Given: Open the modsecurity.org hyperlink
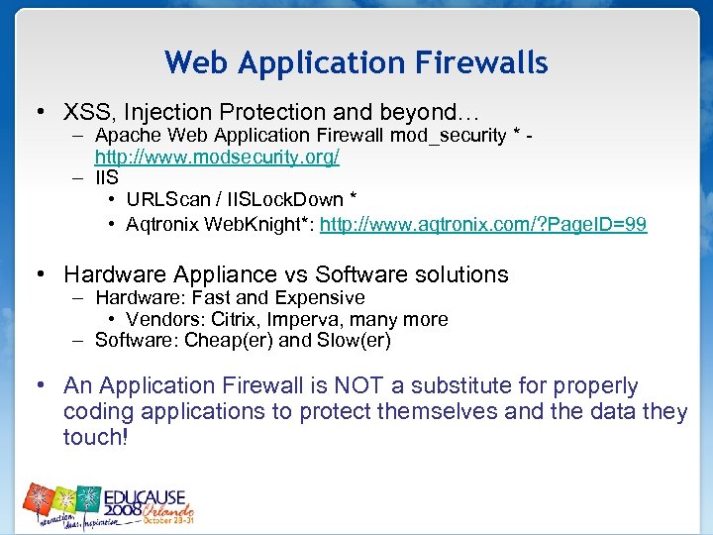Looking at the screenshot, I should (x=217, y=157).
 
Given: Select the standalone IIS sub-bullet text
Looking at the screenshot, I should (x=106, y=179).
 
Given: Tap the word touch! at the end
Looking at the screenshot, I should (x=95, y=437).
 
